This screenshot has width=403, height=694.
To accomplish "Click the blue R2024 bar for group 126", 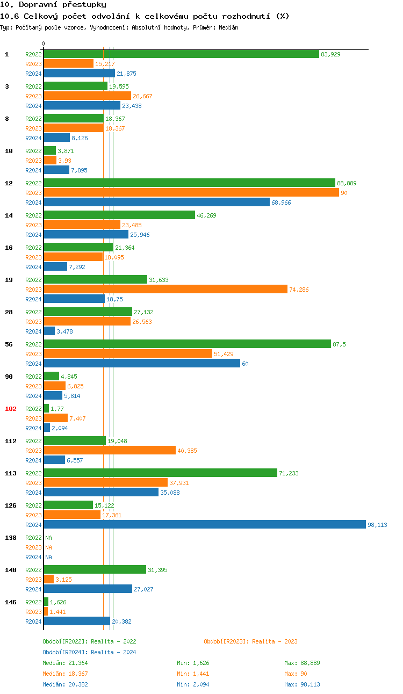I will tap(204, 525).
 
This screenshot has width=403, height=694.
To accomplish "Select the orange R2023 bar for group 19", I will tap(165, 290).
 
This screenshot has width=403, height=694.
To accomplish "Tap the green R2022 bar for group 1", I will tap(181, 54).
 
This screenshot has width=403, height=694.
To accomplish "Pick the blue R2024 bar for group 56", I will tap(142, 364).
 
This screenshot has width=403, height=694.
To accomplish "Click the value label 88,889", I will tap(347, 183).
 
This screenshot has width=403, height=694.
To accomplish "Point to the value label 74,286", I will tap(299, 290).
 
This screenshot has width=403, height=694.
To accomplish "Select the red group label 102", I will tap(11, 409).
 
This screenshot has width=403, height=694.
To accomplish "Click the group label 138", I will tap(11, 538).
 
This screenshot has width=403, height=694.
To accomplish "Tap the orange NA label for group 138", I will tap(48, 547).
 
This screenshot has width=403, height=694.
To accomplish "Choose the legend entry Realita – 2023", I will tap(250, 641).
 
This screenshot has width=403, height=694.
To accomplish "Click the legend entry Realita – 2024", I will tap(89, 652).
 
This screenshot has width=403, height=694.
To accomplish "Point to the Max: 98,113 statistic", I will tap(302, 684).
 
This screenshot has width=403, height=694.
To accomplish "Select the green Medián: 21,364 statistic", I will tap(65, 663).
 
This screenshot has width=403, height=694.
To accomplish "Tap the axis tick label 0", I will tap(44, 44).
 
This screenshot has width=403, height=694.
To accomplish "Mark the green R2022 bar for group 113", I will tap(160, 473).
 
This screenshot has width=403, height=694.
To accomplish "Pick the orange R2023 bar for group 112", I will tap(110, 451).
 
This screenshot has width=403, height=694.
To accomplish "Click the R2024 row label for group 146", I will tap(33, 621).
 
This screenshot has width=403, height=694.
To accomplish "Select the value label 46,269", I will tap(207, 215).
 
